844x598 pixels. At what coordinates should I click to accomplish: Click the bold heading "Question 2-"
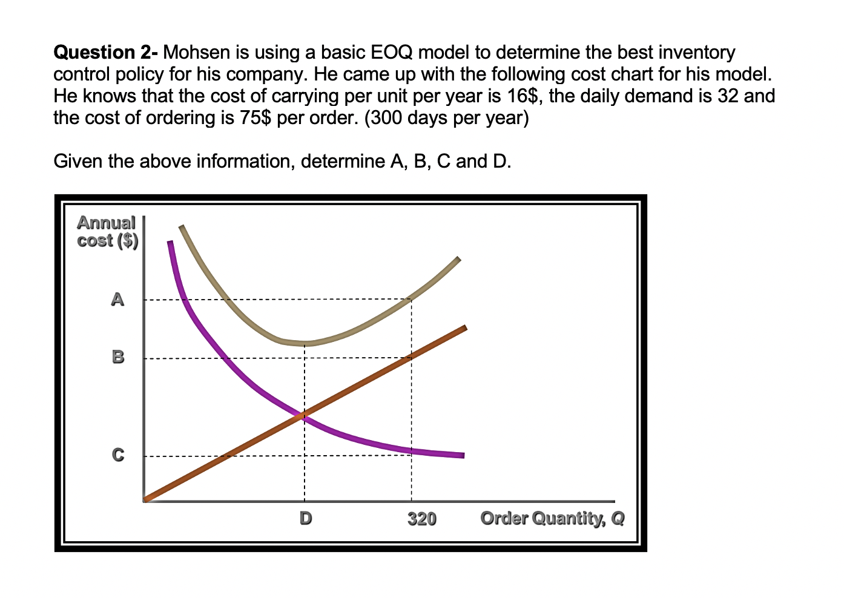click(x=106, y=53)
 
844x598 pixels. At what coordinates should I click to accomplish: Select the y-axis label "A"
click(x=117, y=299)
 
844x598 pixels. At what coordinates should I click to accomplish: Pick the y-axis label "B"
click(x=118, y=357)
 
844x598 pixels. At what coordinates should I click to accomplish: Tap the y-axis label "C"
click(x=118, y=455)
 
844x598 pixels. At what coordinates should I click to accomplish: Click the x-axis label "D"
click(x=306, y=518)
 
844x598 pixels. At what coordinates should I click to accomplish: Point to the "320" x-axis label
click(x=421, y=519)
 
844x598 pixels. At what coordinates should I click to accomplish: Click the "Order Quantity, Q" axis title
click(x=552, y=519)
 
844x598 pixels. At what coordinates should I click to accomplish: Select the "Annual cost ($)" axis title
click(x=107, y=232)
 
